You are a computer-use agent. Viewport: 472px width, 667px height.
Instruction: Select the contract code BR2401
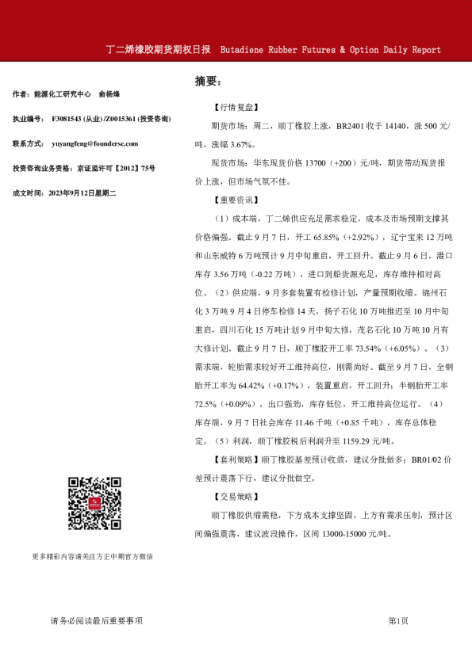[x=351, y=126]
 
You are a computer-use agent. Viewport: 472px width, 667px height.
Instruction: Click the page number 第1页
[x=398, y=620]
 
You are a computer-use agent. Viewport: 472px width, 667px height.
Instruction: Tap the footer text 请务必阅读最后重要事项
[x=96, y=620]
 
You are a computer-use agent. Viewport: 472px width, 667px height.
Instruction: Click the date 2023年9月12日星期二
[x=83, y=192]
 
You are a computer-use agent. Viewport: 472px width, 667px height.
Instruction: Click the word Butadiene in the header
[x=248, y=50]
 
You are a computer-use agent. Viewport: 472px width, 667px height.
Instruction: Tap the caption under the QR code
[x=93, y=556]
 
